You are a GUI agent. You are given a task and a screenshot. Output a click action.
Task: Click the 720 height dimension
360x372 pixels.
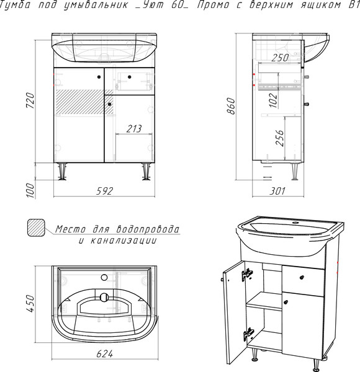point(30,101)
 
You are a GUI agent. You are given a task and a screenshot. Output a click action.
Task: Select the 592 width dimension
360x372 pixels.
point(104,191)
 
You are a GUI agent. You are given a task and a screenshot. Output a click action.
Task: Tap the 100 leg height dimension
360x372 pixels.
point(30,190)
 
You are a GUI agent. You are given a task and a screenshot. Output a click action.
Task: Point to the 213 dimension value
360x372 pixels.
point(134,129)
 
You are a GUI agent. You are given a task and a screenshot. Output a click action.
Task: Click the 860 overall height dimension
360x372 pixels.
point(231,106)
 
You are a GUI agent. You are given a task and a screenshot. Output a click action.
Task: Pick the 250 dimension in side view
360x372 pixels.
point(280,58)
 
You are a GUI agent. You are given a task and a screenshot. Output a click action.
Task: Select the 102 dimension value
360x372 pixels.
point(274,100)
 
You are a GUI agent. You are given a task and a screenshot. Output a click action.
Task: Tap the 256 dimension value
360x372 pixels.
point(279,138)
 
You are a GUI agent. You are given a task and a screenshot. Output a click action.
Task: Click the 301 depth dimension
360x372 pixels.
point(277,191)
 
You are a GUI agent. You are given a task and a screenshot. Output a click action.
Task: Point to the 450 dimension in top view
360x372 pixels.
point(30,304)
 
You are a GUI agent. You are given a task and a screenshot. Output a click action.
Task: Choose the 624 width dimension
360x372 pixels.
point(105,354)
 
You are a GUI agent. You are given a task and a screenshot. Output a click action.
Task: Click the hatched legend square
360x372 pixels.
point(36,228)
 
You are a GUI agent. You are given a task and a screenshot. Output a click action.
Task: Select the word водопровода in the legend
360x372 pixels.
point(148,229)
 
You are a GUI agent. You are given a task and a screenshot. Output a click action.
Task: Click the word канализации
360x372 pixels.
point(124,241)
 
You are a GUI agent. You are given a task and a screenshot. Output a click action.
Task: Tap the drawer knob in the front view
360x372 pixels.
point(130,77)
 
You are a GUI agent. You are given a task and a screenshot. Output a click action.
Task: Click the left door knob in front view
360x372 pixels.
point(99,77)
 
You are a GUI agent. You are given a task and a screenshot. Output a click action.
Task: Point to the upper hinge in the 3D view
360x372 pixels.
point(247,275)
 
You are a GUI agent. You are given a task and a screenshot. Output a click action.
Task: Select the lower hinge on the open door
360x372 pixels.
point(249,334)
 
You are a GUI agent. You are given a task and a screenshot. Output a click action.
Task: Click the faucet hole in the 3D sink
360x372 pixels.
point(295,223)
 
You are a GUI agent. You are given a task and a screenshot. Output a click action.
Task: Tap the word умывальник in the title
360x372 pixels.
point(96,5)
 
